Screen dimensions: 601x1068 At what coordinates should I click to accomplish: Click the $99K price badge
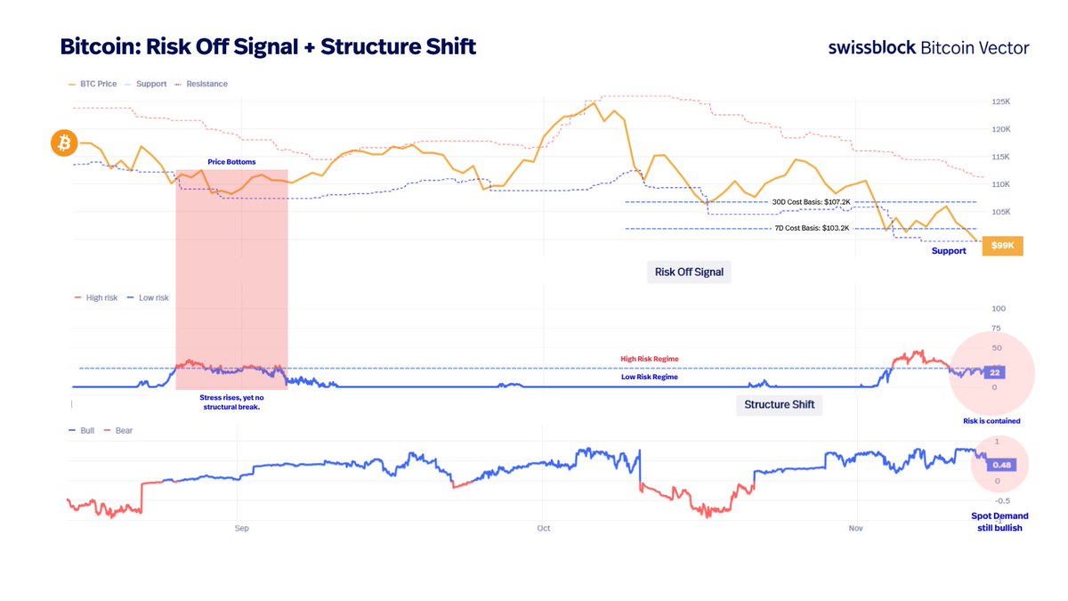point(1002,245)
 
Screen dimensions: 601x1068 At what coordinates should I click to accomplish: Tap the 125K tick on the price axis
point(1000,102)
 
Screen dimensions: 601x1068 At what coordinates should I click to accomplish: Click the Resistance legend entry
point(203,84)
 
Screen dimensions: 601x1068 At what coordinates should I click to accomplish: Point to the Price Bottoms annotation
point(231,162)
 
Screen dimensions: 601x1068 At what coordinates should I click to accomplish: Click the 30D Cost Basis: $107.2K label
point(811,202)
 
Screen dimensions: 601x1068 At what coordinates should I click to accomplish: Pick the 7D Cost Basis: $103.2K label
point(811,229)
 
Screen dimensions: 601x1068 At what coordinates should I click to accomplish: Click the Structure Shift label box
point(779,405)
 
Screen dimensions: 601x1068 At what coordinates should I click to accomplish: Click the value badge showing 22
point(996,372)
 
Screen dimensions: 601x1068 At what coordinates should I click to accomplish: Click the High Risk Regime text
point(649,359)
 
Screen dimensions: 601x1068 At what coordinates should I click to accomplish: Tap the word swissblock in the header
point(871,47)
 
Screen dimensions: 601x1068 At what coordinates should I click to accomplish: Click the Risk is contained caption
point(991,420)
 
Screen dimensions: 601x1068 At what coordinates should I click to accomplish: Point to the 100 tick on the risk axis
point(998,309)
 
